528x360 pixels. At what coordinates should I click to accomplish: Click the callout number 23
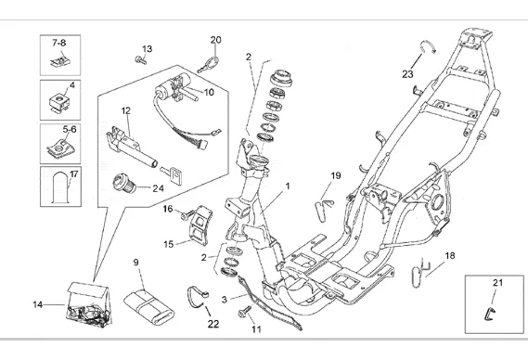[x=407, y=73]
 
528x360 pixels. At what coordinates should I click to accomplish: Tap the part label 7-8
[x=59, y=43]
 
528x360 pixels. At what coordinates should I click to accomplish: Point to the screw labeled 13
[x=141, y=60]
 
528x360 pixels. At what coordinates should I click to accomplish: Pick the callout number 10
[x=209, y=92]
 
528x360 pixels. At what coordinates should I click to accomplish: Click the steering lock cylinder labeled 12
[x=132, y=148]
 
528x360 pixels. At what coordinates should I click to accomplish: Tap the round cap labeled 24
[x=124, y=183]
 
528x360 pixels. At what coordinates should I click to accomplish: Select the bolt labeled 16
[x=187, y=214]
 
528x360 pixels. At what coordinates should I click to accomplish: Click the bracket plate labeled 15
[x=200, y=225]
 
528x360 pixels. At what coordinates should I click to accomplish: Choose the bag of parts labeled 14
[x=89, y=304]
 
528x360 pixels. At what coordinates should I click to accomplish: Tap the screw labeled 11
[x=245, y=311]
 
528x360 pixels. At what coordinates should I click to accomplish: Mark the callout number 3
[x=225, y=300]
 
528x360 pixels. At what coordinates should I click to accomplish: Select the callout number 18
[x=450, y=255]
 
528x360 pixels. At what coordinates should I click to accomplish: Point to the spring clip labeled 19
[x=324, y=210]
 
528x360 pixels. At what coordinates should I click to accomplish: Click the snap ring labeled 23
[x=428, y=46]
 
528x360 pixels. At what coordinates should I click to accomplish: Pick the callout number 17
[x=74, y=174]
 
